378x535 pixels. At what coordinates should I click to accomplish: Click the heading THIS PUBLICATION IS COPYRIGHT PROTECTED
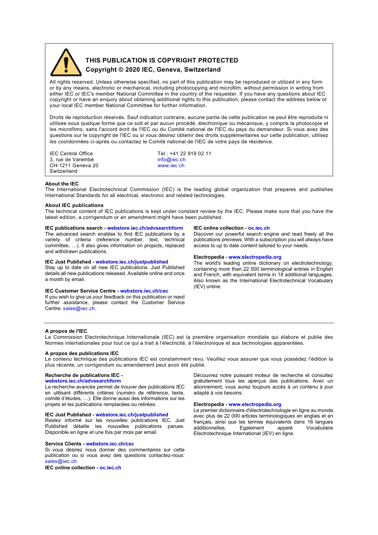162,61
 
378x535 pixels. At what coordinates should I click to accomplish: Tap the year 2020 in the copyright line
132,70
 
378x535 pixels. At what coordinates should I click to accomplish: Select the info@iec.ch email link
171,160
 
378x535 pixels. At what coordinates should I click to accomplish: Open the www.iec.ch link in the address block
171,166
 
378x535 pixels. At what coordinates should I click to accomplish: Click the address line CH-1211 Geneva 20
74,166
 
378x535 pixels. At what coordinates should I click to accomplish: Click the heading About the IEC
62,184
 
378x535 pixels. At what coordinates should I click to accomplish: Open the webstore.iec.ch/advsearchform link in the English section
145,228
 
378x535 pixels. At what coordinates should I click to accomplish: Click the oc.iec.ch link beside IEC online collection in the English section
259,228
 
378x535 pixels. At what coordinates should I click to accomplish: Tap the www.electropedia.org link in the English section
255,257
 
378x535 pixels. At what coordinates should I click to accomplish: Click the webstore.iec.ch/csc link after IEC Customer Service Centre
144,291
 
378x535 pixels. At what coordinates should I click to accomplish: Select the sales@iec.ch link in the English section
79,309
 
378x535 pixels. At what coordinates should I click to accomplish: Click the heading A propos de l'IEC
66,331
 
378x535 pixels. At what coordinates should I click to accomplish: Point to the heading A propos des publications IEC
82,353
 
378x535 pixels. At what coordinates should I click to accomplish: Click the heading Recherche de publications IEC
82,375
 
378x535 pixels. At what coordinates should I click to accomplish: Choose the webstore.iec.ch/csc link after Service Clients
110,444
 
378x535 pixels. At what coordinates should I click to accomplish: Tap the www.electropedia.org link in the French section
255,404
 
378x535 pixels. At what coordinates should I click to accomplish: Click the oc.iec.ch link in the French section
110,468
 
